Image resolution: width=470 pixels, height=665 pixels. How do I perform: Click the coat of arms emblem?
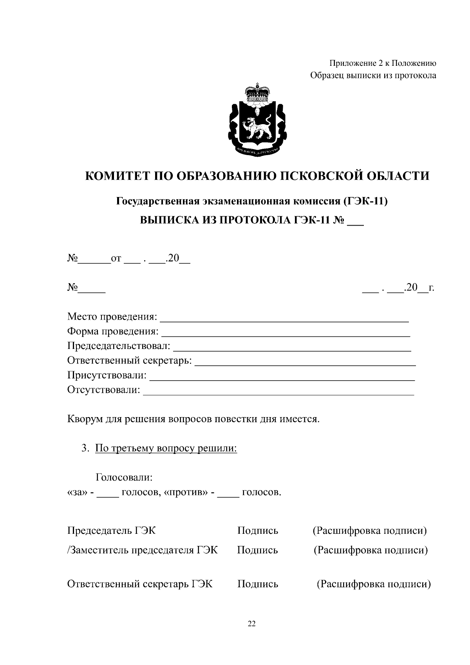pos(257,121)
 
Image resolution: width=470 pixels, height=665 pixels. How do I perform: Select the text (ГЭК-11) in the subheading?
pos(365,201)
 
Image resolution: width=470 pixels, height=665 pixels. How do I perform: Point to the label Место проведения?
pos(112,316)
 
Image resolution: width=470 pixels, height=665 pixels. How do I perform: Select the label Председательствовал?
pos(119,346)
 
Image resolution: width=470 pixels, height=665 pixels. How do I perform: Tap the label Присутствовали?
pos(107,376)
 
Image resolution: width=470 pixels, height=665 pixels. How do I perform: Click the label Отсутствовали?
pos(103,390)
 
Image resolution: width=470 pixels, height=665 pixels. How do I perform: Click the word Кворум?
pos(85,419)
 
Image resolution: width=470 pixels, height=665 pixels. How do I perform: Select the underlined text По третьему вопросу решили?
pos(166,448)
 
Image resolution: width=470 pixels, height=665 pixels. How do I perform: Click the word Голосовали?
pos(124,478)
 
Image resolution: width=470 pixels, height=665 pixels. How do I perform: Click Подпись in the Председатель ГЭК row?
pos(257,531)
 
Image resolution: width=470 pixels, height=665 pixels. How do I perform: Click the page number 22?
pos(251,624)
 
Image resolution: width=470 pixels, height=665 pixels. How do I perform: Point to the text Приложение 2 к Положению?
pos(382,63)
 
